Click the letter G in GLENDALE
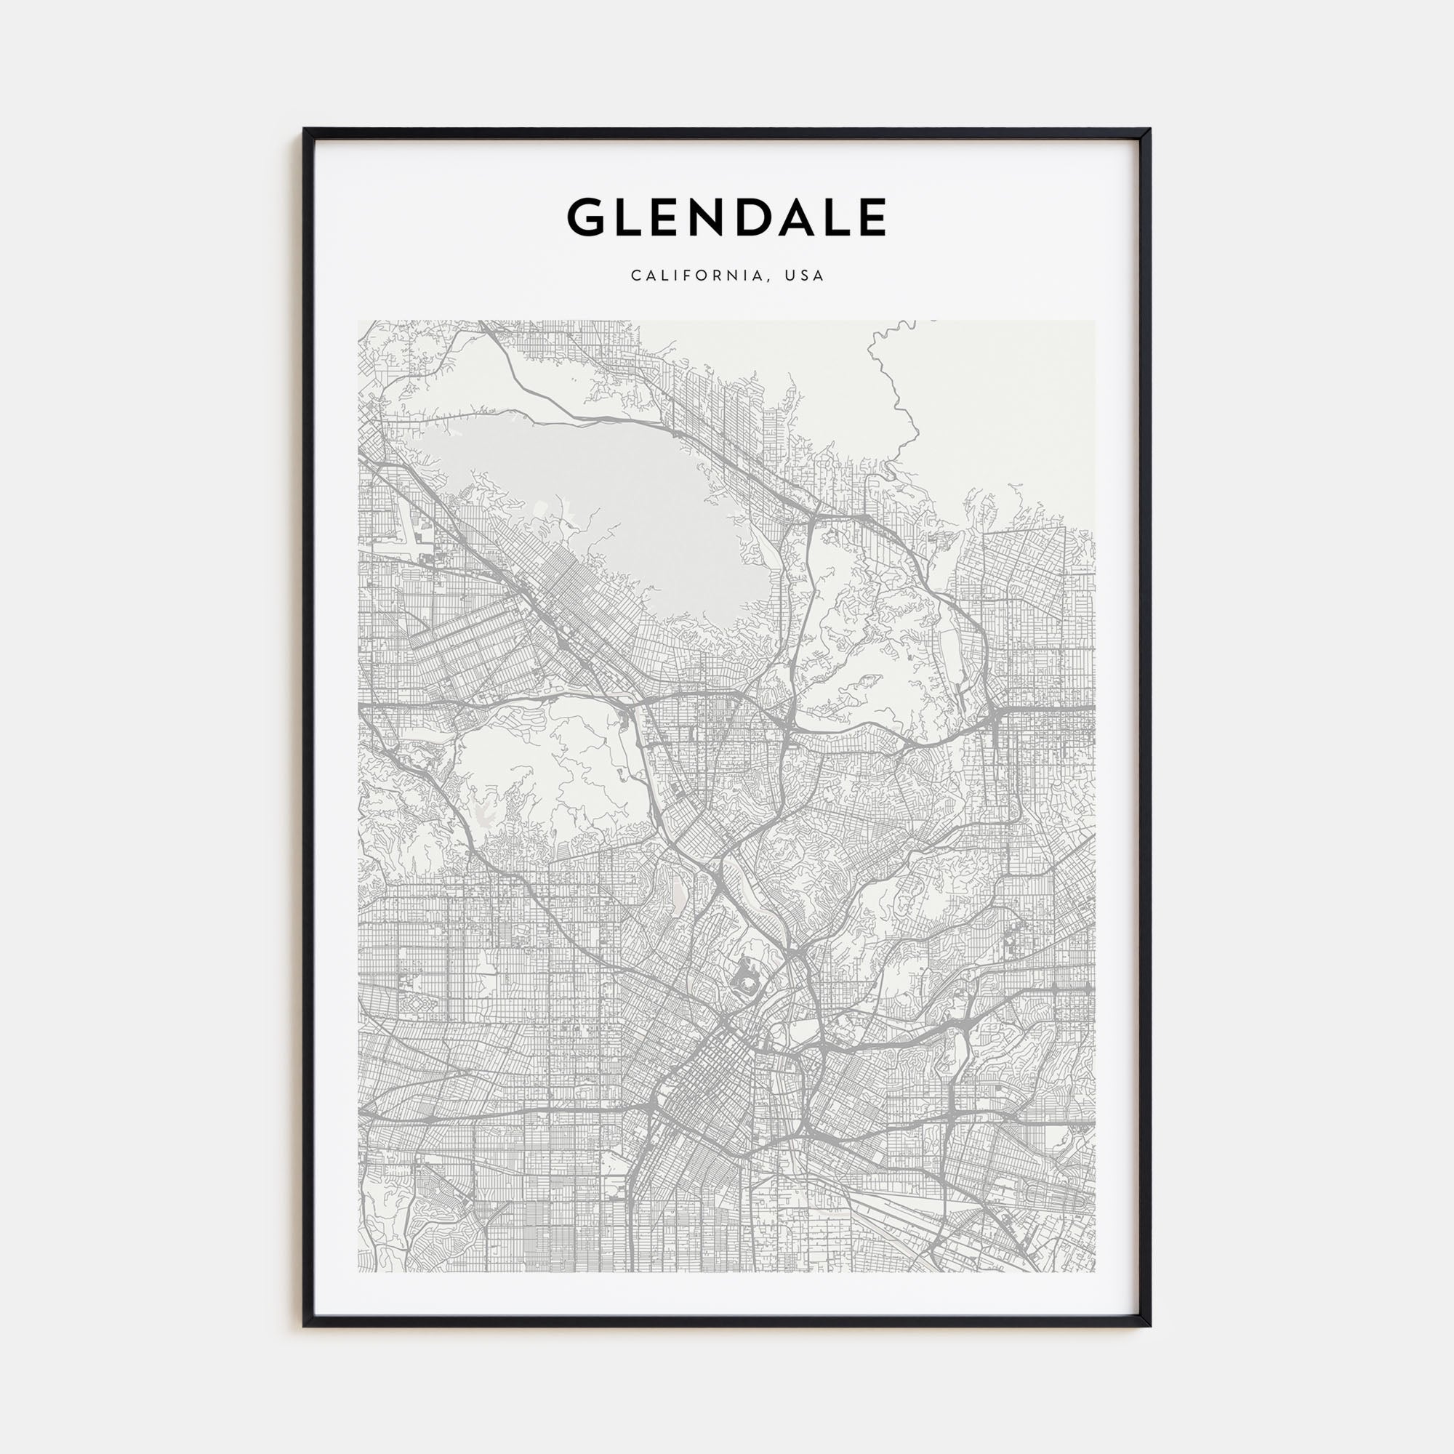[586, 217]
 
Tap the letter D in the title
[758, 217]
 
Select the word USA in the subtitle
[805, 276]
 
